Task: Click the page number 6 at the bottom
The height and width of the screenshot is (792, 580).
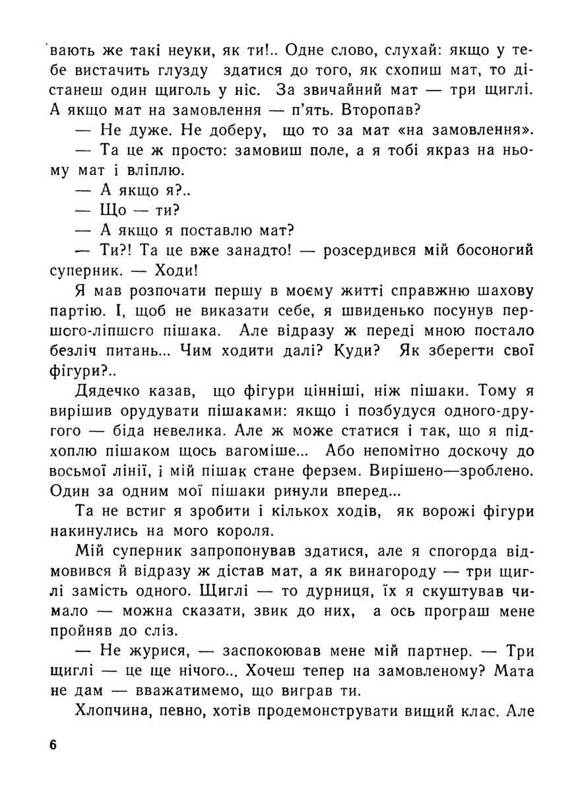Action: pyautogui.click(x=53, y=745)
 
